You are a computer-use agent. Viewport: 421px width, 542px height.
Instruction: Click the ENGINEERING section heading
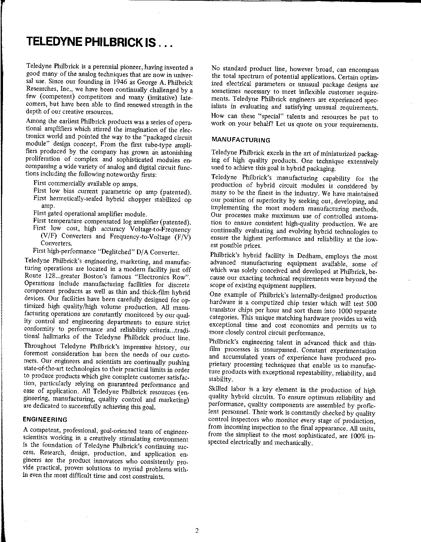click(x=45, y=420)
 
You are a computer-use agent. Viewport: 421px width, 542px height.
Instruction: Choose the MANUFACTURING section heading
click(x=241, y=140)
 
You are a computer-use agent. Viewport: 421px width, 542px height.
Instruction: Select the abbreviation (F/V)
click(x=181, y=237)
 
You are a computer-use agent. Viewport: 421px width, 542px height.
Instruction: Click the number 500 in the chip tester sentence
click(x=371, y=304)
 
